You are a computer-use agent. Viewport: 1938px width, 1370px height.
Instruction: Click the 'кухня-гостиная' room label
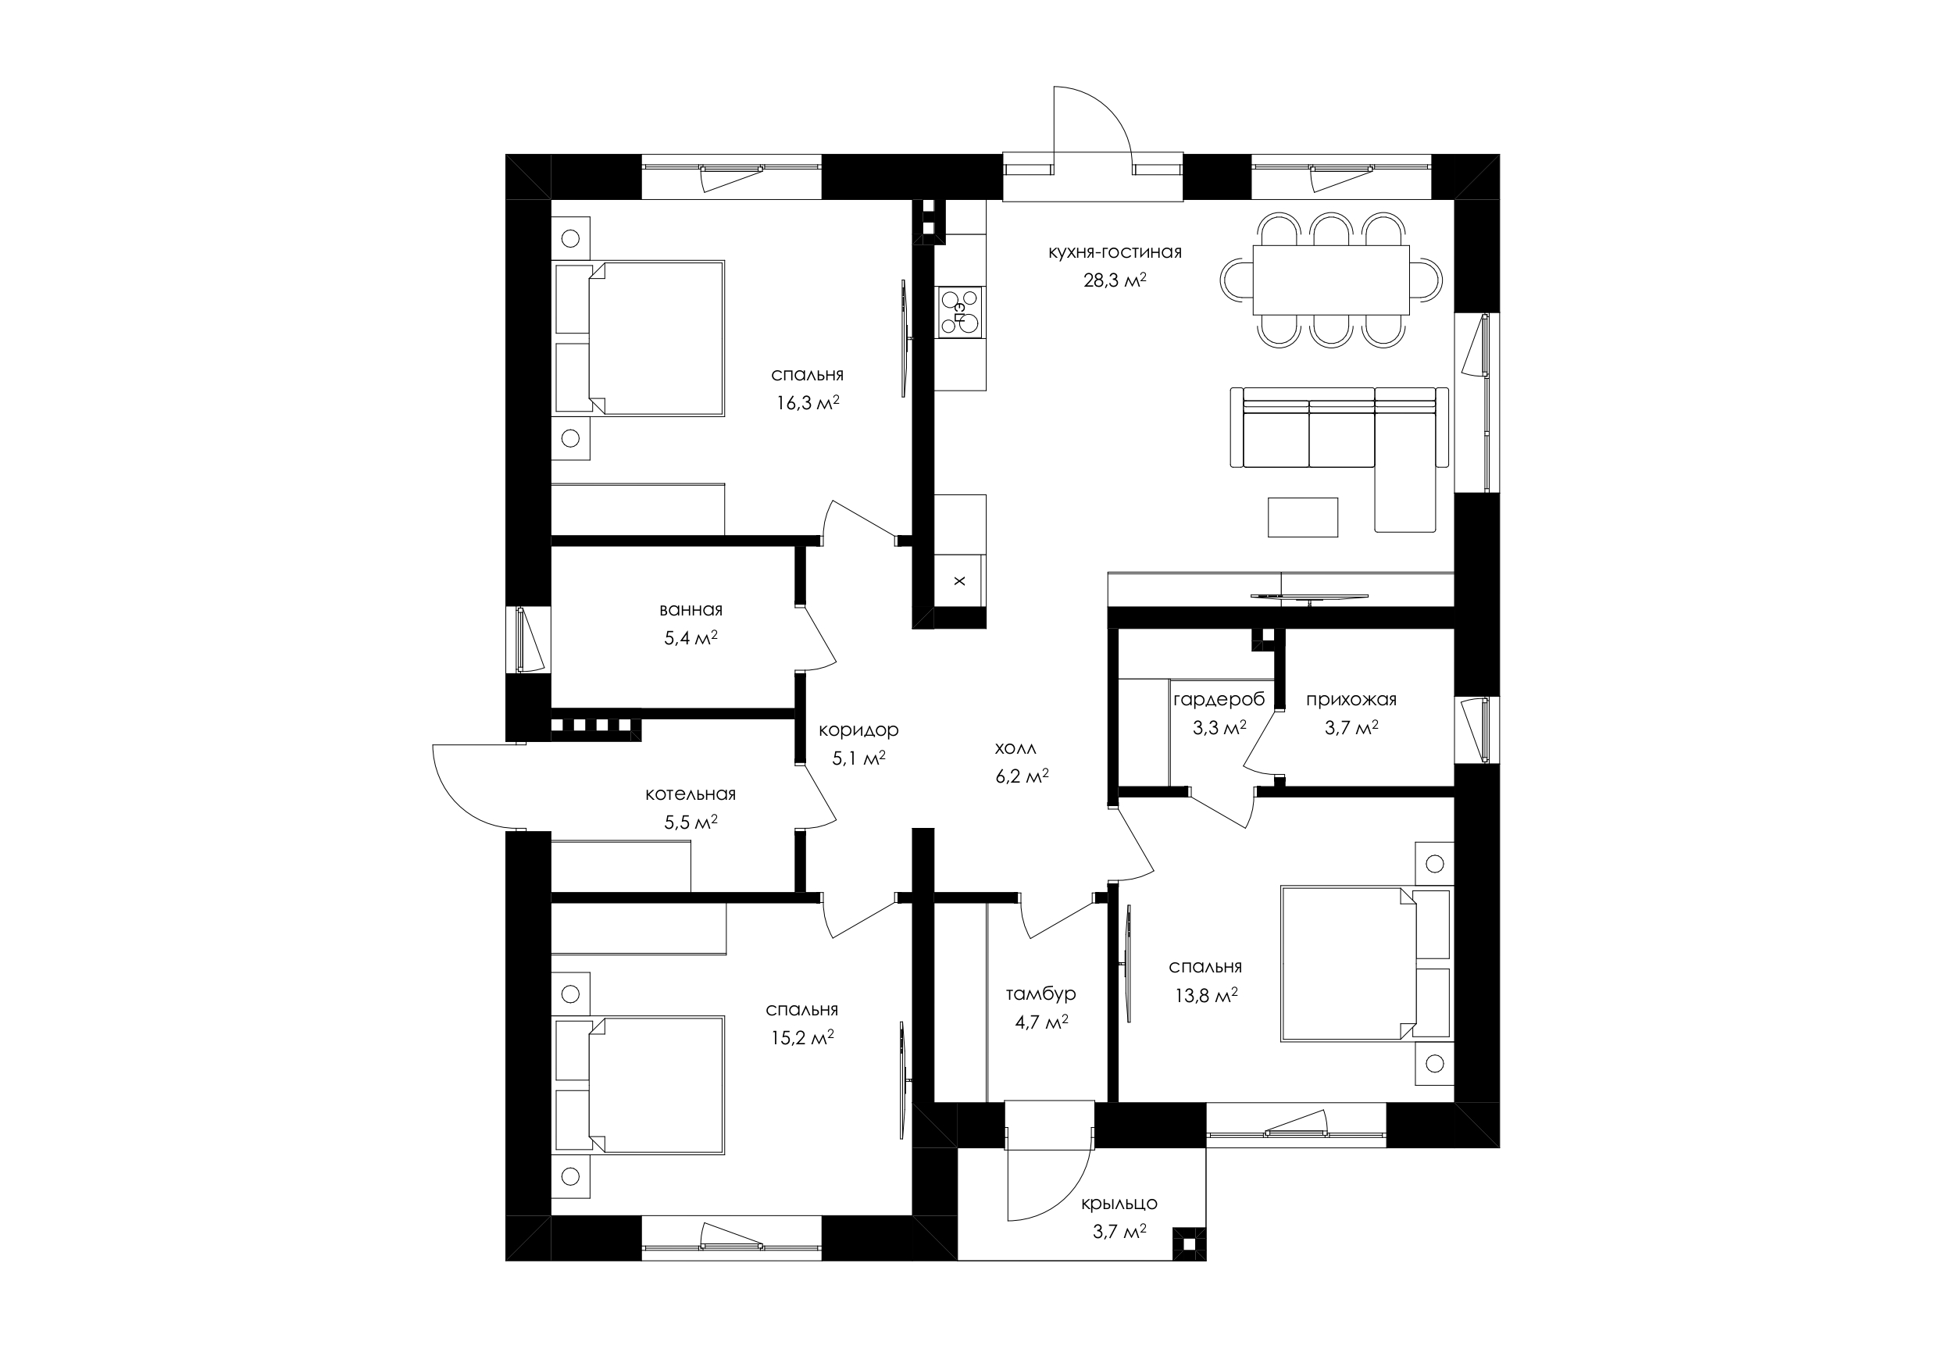[1114, 252]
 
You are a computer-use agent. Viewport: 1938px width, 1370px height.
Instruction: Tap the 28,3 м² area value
[1114, 280]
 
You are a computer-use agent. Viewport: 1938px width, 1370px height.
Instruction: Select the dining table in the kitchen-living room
[1331, 280]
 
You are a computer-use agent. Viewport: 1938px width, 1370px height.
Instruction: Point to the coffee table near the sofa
[1302, 516]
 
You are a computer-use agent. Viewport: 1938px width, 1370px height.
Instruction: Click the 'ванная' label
[691, 609]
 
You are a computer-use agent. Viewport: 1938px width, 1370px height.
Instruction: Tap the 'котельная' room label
[691, 794]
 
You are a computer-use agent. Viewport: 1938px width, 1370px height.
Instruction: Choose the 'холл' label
[1015, 749]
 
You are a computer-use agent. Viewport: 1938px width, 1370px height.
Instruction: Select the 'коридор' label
[858, 730]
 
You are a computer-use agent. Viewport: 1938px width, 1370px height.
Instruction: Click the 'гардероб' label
[1219, 699]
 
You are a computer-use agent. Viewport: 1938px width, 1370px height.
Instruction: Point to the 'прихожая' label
[1351, 700]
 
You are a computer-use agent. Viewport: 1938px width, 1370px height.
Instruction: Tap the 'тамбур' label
[1040, 994]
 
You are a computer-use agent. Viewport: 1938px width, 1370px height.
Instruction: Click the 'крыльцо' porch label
[1119, 1204]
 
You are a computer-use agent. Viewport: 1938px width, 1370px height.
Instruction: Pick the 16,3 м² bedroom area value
[808, 403]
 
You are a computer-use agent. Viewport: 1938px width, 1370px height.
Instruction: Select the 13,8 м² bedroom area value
[1206, 996]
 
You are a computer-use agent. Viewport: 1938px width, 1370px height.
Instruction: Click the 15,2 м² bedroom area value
[802, 1037]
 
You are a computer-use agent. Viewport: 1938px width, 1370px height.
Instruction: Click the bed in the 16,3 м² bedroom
[639, 337]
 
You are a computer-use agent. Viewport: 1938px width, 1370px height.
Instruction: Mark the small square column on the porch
[1190, 1243]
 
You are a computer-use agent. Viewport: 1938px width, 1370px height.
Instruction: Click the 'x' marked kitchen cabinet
[960, 581]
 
